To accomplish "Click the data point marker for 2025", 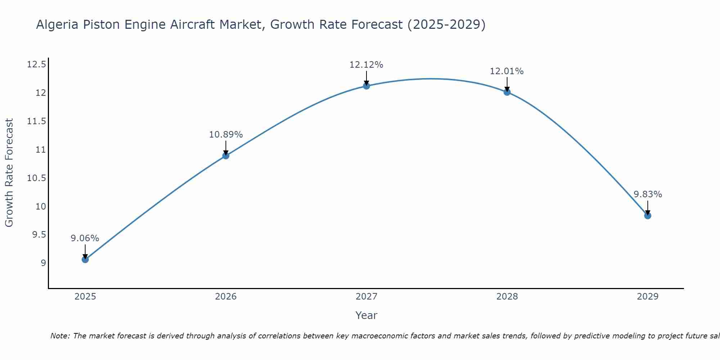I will [85, 259].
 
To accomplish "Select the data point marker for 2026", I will [226, 156].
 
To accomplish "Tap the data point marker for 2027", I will [366, 86].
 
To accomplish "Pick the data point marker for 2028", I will [507, 92].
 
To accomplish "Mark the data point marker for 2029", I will [648, 216].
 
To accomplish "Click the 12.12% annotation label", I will [366, 65].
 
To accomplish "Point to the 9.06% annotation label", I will [85, 238].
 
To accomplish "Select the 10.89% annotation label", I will [226, 135].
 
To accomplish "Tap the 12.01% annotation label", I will [507, 71].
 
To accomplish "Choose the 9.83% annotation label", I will [648, 194].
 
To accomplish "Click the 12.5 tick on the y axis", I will [36, 65].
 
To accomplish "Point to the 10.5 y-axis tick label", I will [36, 178].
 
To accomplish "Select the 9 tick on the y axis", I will [44, 263].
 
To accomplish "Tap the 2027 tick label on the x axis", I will [366, 297].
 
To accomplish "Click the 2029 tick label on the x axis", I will [647, 297].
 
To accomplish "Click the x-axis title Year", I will [366, 315].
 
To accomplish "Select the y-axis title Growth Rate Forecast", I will [9, 173].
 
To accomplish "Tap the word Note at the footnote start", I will [60, 336].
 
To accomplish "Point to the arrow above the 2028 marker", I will [507, 84].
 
